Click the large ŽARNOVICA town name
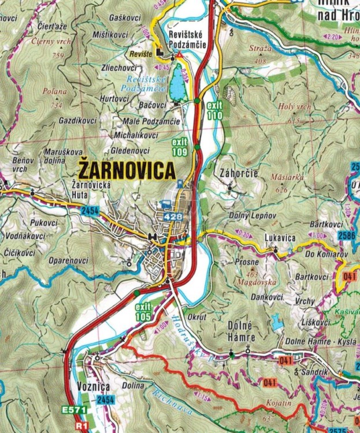pyautogui.click(x=127, y=170)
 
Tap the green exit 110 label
pyautogui.click(x=214, y=110)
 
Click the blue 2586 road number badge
pyautogui.click(x=347, y=236)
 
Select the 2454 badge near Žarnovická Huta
pyautogui.click(x=90, y=211)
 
